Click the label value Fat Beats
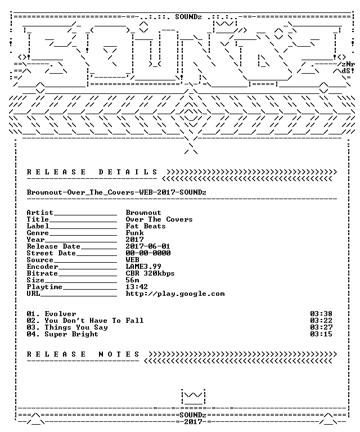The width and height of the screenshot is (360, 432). pos(146,226)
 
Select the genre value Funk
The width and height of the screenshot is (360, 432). pos(134,233)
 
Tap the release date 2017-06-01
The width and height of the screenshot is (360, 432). pos(148,246)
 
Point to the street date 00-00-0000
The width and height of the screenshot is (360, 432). pos(148,253)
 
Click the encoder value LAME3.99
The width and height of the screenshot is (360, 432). pos(143,267)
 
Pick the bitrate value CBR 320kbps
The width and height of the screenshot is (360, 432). pos(150,273)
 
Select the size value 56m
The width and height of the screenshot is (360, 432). pos(133,280)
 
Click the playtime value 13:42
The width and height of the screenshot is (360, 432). pos(137,287)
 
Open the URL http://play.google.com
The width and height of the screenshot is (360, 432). pos(175,294)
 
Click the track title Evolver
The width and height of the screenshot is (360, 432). pos(60,314)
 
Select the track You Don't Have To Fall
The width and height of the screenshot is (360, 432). pos(94,321)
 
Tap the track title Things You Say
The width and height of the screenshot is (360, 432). pos(76,327)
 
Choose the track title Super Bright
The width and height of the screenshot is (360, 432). pos(71,335)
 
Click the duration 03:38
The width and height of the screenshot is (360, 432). pos(321,314)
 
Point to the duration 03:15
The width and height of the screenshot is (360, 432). pos(321,335)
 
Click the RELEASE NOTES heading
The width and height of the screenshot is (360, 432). pos(83,354)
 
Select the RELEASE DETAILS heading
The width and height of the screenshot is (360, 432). pos(92,172)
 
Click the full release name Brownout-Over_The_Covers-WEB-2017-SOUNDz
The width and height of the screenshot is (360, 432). pos(116,192)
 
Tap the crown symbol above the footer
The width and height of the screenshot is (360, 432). pos(193,397)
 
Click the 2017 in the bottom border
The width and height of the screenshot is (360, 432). pos(193,422)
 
